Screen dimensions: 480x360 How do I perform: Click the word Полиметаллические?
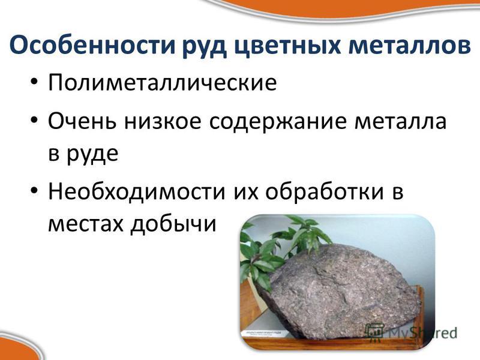(162, 82)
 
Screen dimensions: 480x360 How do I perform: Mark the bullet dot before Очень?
(34, 120)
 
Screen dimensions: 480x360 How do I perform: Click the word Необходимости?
(137, 191)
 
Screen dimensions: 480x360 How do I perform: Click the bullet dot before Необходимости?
(34, 190)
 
